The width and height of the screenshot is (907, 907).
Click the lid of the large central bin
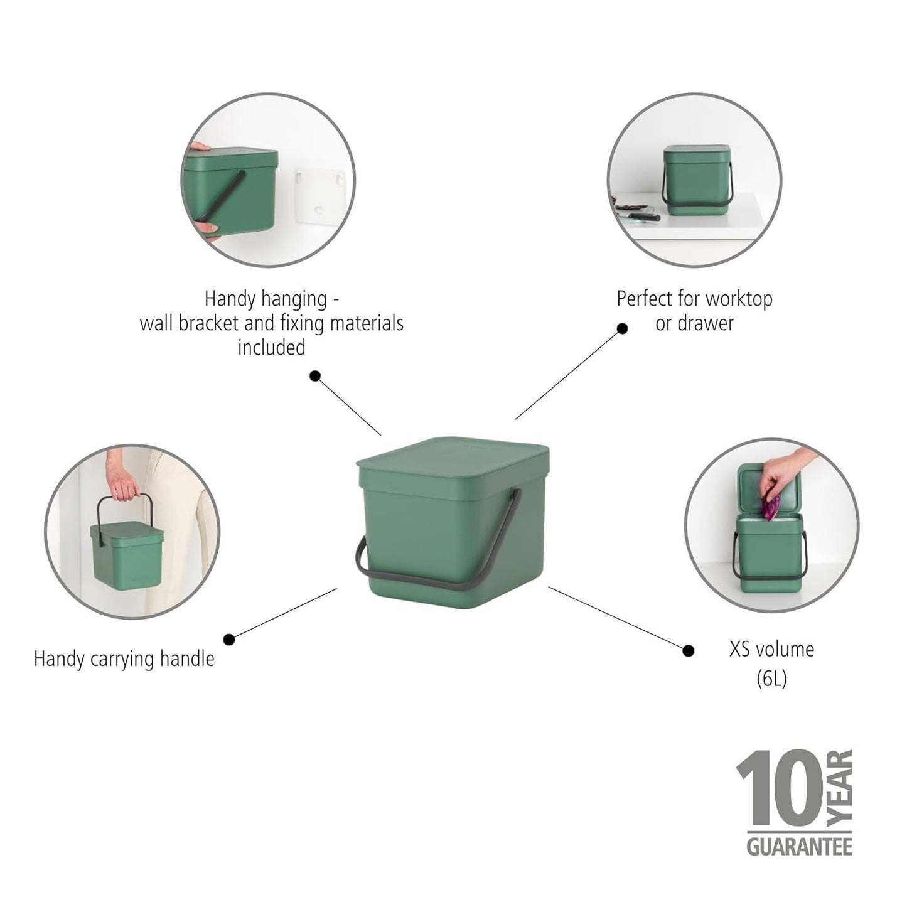[x=453, y=461]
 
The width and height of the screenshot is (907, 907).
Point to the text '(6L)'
[x=771, y=679]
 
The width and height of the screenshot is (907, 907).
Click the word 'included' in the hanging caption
[x=271, y=348]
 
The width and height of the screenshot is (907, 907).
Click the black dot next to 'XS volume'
[x=689, y=651]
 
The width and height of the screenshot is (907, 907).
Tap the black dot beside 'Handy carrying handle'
[x=229, y=639]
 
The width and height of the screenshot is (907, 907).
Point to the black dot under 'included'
[x=315, y=376]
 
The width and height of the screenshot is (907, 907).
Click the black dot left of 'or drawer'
[x=622, y=328]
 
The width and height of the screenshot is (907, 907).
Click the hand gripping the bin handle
[x=126, y=488]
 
